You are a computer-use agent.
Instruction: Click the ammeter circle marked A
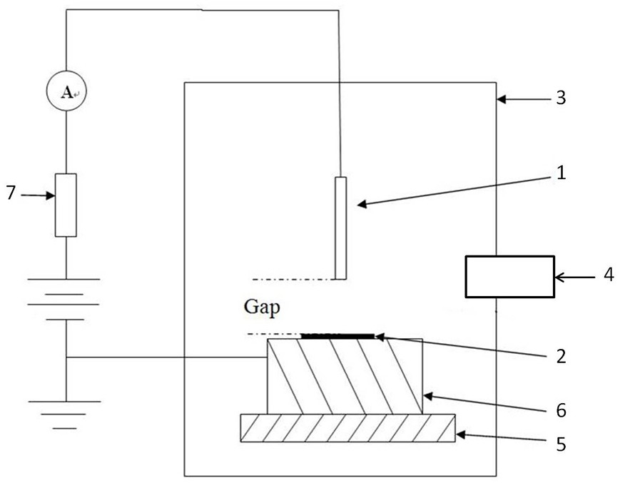[66, 92]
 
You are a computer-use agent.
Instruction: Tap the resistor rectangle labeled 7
[66, 205]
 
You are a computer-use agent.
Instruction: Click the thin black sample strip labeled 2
[337, 335]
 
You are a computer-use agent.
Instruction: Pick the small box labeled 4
[509, 276]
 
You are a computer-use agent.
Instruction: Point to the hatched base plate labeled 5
[347, 428]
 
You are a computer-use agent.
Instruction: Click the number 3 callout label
[561, 98]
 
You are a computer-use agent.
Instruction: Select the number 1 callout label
[561, 172]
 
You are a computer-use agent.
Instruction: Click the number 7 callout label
[11, 193]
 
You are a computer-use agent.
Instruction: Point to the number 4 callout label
[609, 275]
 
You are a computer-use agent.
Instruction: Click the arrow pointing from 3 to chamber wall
[524, 98]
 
